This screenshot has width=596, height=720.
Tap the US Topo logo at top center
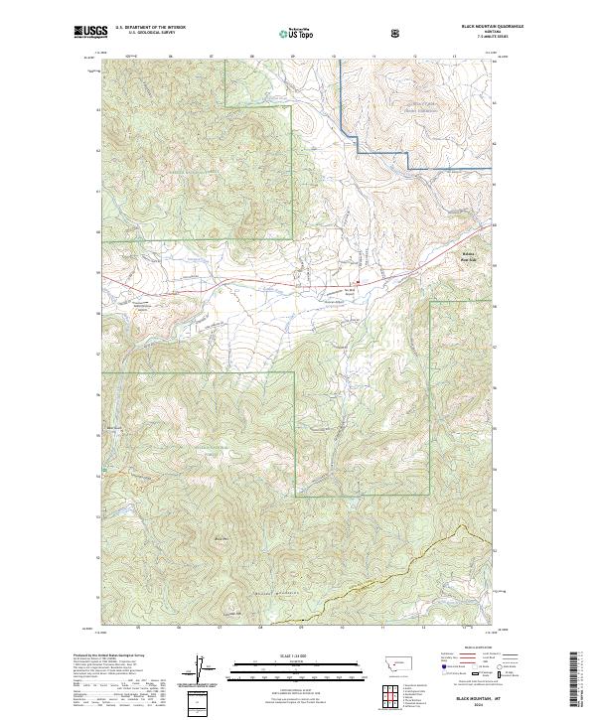296,34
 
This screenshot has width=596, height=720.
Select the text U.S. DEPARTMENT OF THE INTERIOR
150,27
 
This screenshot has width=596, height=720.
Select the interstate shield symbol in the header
396,33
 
